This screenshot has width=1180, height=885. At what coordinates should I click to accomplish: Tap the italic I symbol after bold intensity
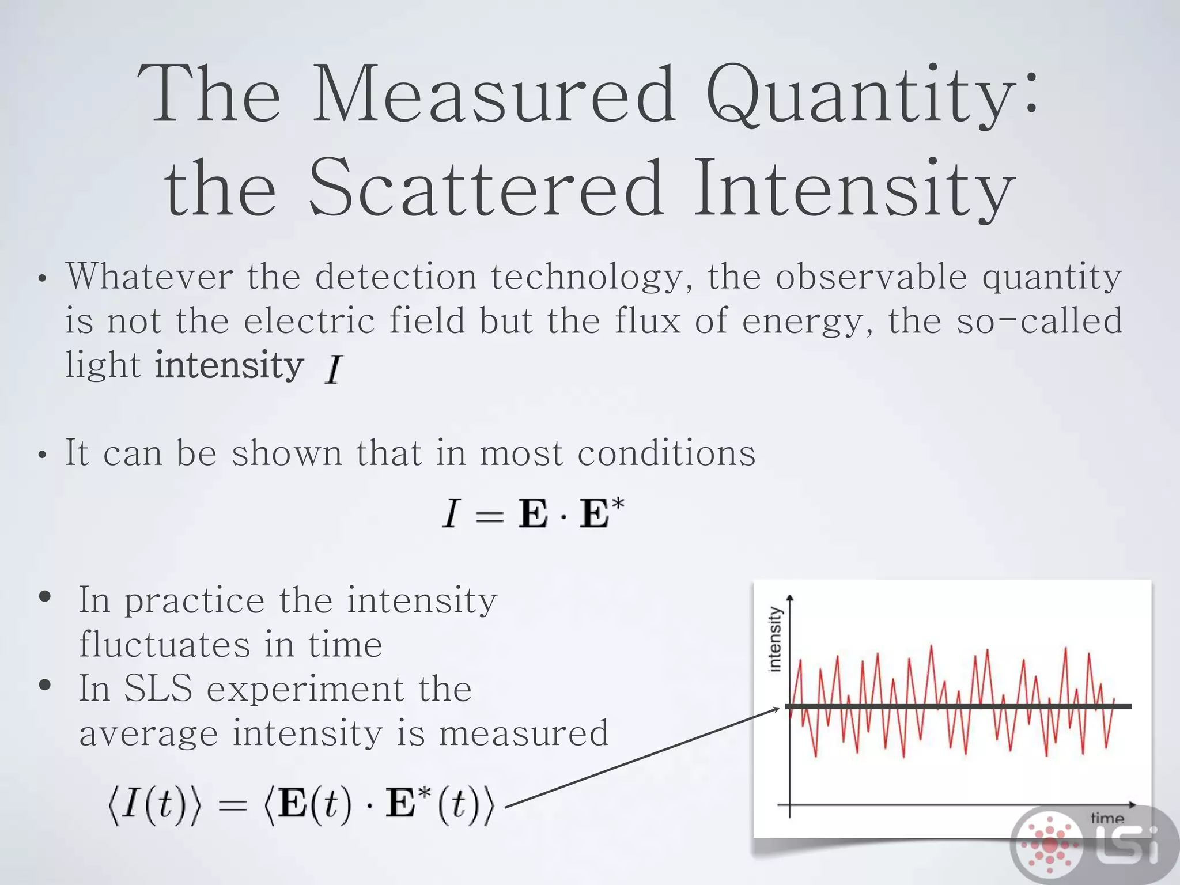[334, 369]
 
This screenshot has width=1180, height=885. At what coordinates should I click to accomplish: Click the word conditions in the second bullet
[666, 453]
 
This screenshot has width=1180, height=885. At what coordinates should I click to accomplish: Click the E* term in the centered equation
[601, 512]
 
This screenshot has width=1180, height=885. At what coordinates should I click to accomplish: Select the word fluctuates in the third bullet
[164, 644]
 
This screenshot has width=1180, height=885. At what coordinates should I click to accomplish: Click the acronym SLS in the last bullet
[158, 688]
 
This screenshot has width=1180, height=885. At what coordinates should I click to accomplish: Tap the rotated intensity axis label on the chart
[776, 639]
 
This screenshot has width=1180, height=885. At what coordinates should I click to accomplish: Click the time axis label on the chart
[1107, 818]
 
